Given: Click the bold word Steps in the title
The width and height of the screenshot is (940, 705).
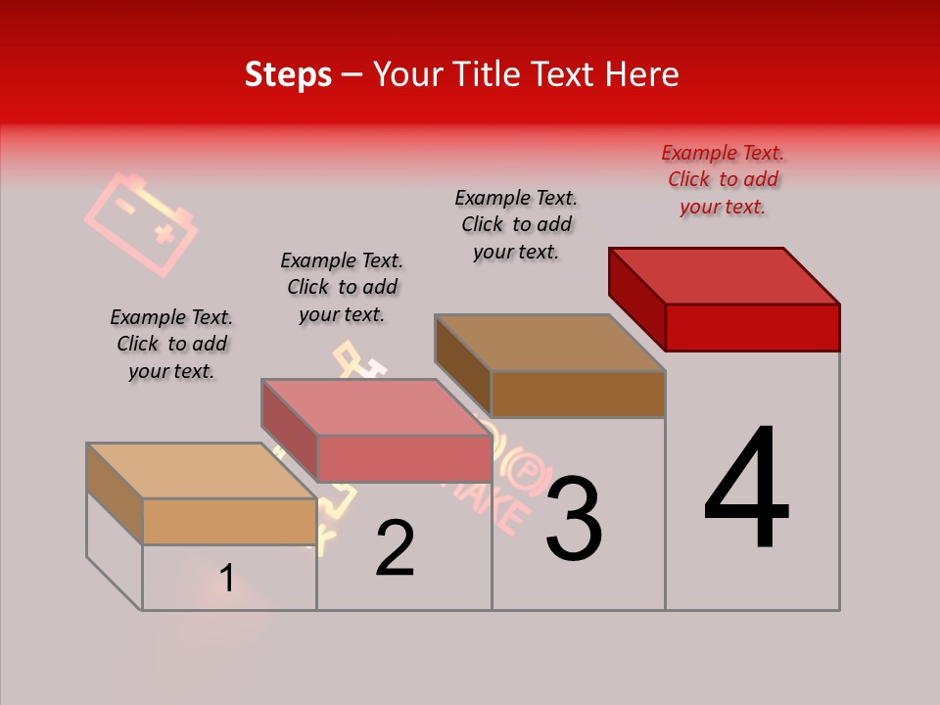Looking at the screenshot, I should point(288,74).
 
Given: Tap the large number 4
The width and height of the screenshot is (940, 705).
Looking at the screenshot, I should point(746,489).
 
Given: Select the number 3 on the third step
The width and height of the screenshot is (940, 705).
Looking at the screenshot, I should point(574,518).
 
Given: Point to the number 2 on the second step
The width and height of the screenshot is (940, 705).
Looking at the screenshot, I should point(396,548).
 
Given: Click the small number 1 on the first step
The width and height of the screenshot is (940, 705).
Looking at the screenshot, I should point(226,579).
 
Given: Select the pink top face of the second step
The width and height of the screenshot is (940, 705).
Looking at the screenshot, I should point(376,407).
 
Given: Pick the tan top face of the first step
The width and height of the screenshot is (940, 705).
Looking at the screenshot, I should point(202,471).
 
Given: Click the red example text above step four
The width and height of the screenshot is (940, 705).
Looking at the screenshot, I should point(723,179).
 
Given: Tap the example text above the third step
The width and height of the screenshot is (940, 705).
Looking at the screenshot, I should point(516,224).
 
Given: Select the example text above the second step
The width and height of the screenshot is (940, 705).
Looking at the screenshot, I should point(342,287).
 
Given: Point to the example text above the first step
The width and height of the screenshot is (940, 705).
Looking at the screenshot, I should point(171,344).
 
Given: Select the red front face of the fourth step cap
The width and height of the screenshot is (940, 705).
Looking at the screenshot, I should point(752,326).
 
